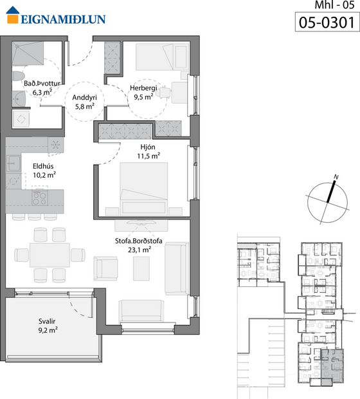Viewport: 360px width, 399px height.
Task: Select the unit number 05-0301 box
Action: [x=326, y=23]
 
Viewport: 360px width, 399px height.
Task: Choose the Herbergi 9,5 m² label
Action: [x=143, y=93]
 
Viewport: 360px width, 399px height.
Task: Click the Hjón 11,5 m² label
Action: [x=148, y=151]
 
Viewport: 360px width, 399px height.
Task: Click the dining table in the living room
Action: [x=49, y=254]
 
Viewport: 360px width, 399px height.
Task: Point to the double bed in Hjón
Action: [x=142, y=187]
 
